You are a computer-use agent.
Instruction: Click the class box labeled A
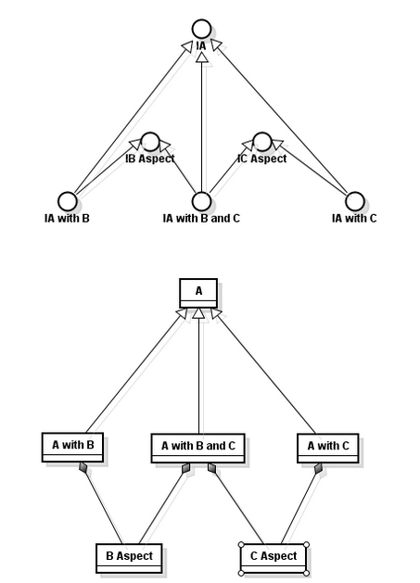click(198, 294)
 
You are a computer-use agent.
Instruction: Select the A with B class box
click(72, 448)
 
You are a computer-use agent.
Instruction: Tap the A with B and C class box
click(197, 448)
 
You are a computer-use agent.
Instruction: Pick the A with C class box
click(328, 448)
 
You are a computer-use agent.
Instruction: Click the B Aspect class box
click(129, 559)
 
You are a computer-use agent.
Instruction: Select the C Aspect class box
click(274, 559)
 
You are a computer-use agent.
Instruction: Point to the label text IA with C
click(354, 218)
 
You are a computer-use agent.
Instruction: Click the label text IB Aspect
click(150, 158)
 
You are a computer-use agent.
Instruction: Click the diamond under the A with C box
click(318, 468)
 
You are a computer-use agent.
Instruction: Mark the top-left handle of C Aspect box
click(241, 545)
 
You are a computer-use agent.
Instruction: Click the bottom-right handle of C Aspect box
click(306, 573)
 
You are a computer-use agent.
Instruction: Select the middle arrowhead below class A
click(199, 313)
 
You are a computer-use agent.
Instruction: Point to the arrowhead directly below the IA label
click(201, 57)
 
